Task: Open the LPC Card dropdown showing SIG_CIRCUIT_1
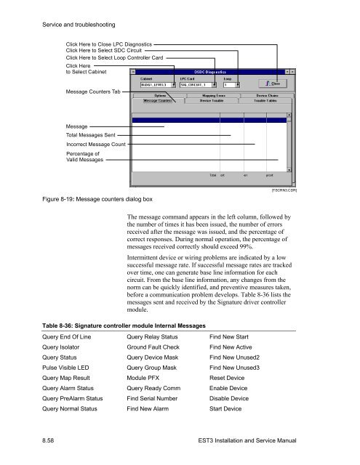click(195, 84)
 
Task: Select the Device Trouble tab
click(212, 100)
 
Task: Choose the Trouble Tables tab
click(265, 100)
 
